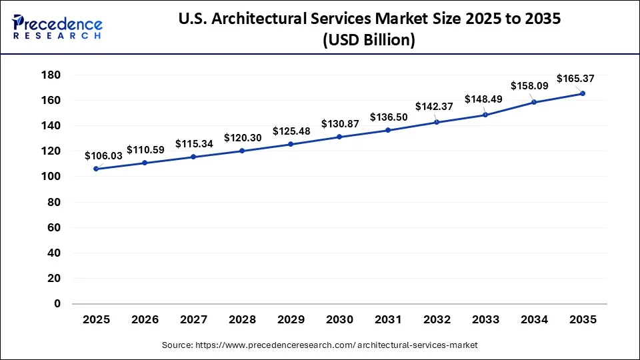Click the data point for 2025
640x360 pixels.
[96, 169]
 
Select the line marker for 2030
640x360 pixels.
[339, 137]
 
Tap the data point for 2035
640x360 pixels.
[583, 93]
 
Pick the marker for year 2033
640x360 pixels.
[485, 115]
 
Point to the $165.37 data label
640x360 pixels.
[575, 79]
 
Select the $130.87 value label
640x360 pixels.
[339, 124]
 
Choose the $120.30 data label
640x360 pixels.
[242, 137]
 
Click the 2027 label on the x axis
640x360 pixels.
[193, 320]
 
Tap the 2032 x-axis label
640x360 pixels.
[437, 320]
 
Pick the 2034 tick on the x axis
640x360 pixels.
[534, 320]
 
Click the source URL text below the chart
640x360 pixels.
[320, 345]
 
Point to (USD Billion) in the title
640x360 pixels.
[369, 40]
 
